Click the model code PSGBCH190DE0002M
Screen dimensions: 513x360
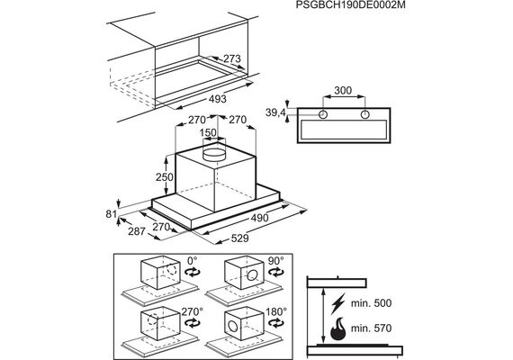[351, 5]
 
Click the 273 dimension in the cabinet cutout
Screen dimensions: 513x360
[232, 58]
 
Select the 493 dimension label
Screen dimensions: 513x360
[217, 98]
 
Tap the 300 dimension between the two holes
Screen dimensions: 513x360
[343, 90]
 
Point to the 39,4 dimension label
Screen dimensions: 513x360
[275, 113]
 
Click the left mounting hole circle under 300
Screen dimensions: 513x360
[323, 114]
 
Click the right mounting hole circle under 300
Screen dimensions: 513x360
[364, 114]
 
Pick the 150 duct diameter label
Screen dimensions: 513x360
[208, 132]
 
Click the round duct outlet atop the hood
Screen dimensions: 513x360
[214, 154]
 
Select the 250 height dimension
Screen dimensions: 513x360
[164, 177]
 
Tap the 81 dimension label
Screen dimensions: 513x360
[112, 214]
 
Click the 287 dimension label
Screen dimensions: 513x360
[137, 231]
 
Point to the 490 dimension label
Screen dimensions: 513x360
[259, 218]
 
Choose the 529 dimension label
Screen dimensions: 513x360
[239, 238]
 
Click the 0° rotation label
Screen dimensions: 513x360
[193, 261]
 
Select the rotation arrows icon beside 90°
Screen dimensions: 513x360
[276, 272]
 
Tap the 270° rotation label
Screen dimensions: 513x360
[193, 311]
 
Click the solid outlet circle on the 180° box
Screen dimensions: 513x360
[234, 326]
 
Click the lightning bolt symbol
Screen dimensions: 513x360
[337, 303]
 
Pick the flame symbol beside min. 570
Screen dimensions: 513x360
[338, 328]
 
